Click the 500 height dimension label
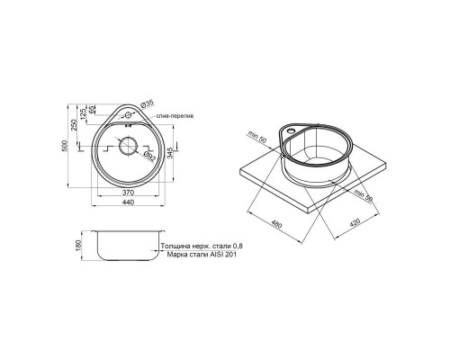pyautogui.click(x=67, y=148)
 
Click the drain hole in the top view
pyautogui.click(x=128, y=147)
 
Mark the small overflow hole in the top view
pyautogui.click(x=128, y=115)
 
